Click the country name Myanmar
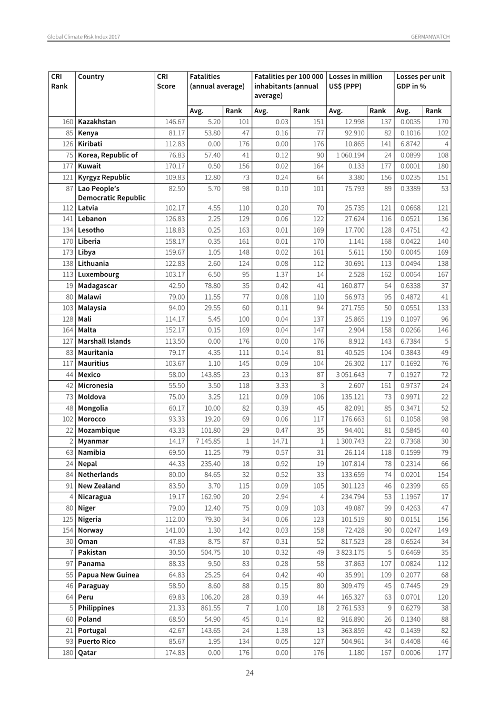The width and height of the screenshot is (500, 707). pos(93,441)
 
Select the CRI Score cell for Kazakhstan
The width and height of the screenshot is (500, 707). pos(175,122)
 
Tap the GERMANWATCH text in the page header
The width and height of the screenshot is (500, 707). pos(430,37)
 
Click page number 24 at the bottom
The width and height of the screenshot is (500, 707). pos(249,673)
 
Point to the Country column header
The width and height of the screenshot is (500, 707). pos(91,76)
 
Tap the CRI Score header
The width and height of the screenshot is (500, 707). pos(166,81)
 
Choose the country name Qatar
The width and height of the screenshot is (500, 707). pos(87,652)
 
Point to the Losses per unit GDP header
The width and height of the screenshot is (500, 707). pos(421,81)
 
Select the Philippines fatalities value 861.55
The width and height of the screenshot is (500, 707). pos(209,608)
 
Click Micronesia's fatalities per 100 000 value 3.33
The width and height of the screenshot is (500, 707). pos(282,385)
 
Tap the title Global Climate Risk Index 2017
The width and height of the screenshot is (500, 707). pos(84,37)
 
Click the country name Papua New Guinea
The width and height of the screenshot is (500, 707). pos(108,574)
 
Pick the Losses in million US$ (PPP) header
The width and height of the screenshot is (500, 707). pos(355,81)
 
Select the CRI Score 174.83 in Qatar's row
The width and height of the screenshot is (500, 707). pos(175,652)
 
